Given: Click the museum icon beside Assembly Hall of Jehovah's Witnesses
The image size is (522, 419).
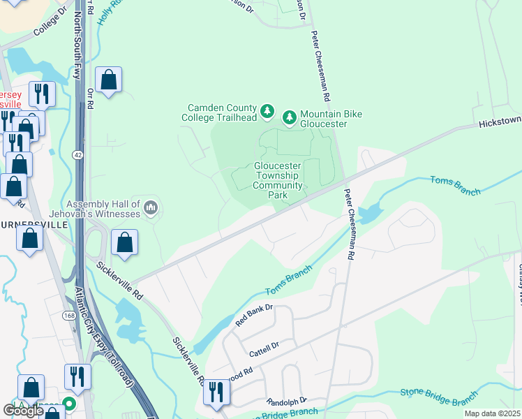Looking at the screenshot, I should point(152,207).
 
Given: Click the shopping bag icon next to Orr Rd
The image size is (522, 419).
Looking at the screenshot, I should point(108,82).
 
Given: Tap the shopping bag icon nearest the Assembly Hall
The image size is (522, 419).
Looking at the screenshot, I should point(124,244).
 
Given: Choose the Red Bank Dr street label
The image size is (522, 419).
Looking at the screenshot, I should point(253,316).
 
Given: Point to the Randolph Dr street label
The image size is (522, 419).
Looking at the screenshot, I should point(286,402).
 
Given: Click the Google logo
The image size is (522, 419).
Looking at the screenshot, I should point(23,410).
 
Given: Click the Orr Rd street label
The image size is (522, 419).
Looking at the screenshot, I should point(91,98).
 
